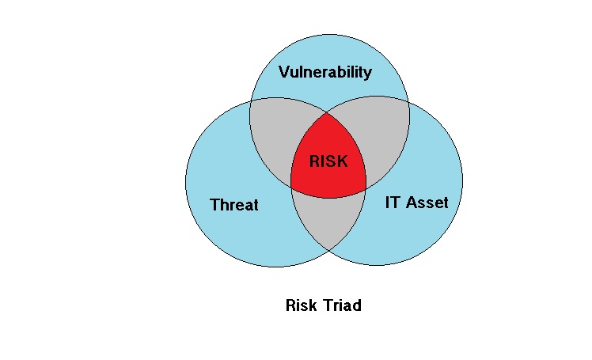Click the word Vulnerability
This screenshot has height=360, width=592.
click(325, 72)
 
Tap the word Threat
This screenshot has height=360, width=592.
click(234, 205)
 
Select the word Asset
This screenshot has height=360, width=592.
click(427, 203)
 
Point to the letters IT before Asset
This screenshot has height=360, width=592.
click(393, 203)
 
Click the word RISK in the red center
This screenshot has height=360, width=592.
click(328, 161)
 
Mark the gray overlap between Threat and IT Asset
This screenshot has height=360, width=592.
click(328, 219)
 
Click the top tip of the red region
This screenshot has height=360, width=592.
click(327, 112)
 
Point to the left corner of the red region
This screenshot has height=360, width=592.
click(290, 186)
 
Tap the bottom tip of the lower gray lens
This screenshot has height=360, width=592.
click(329, 250)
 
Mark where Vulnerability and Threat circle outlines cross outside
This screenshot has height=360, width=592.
click(250, 101)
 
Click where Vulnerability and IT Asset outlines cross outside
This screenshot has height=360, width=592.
click(408, 102)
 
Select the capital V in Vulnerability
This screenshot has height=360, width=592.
click(284, 72)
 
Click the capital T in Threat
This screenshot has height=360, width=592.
click(215, 205)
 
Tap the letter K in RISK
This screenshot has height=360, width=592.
click(343, 161)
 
